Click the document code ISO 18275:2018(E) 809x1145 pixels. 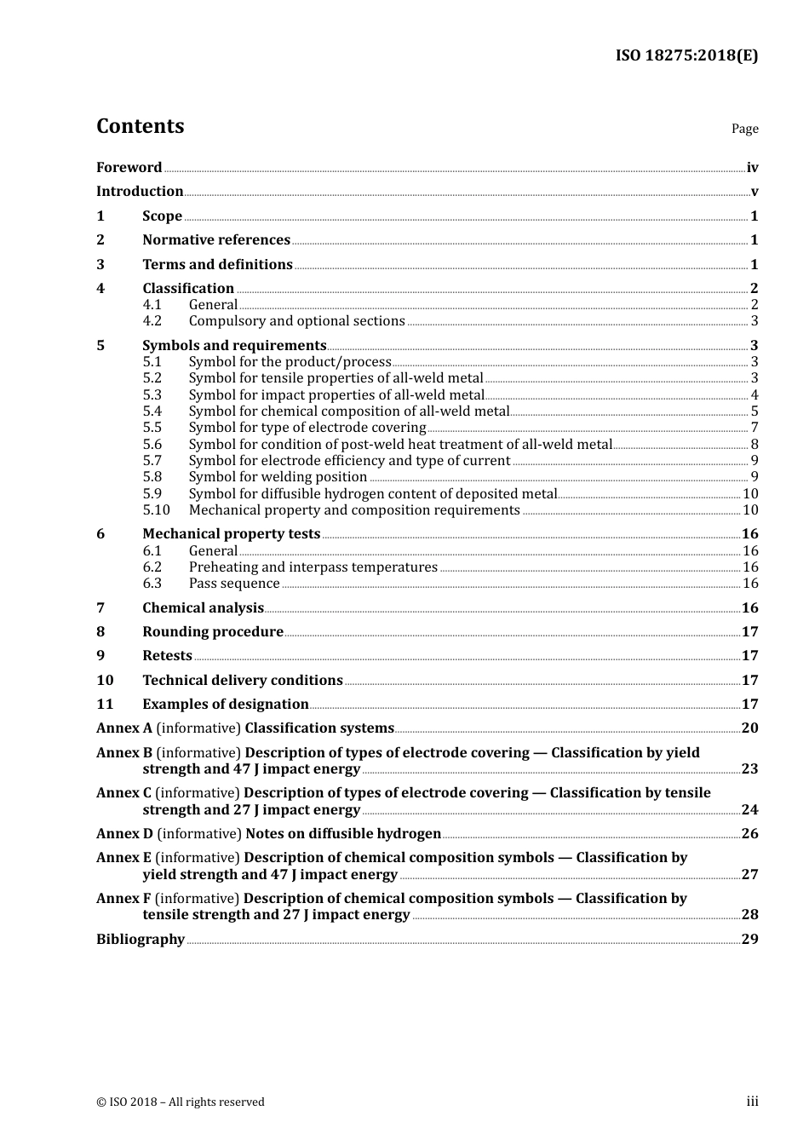686,55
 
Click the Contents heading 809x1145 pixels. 140,126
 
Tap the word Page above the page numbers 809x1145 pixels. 744,129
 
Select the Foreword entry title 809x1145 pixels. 129,168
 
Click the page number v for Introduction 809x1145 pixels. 754,192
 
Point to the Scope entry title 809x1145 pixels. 162,216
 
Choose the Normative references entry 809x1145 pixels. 216,240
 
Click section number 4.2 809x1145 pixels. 152,321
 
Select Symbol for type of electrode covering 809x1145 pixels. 307,428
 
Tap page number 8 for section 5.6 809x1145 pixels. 754,444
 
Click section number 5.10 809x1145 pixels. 156,510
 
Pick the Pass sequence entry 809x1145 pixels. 233,584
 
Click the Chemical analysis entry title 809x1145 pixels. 203,608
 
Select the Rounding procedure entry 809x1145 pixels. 212,632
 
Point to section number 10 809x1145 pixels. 105,681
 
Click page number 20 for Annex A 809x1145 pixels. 749,728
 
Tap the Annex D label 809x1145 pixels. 124,834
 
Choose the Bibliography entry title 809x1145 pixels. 141,940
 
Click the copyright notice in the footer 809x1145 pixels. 180,1102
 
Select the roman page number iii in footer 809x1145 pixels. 752,1102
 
